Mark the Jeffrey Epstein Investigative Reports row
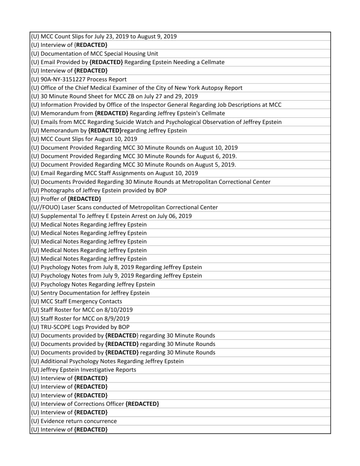[x=83, y=369]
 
